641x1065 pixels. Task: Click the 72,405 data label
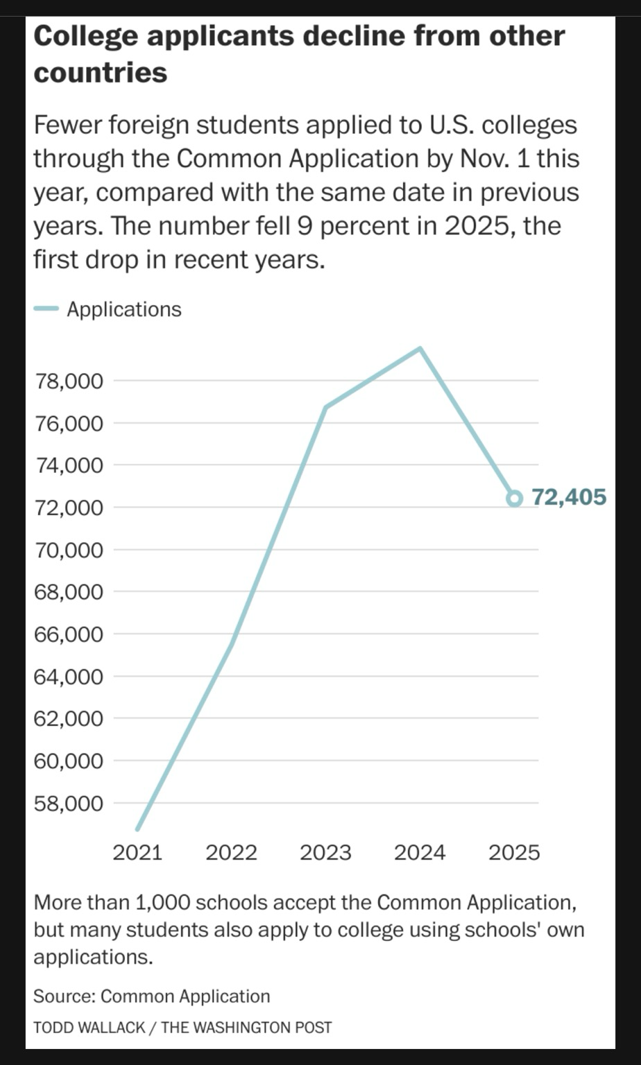pyautogui.click(x=569, y=497)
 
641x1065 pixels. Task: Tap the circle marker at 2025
pyautogui.click(x=514, y=498)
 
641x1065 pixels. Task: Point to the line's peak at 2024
pyautogui.click(x=420, y=348)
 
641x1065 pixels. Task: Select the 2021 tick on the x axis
pyautogui.click(x=137, y=852)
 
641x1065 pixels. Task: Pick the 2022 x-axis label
pyautogui.click(x=231, y=852)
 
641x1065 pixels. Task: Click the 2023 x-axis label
pyautogui.click(x=325, y=852)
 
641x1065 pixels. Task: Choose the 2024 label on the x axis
pyautogui.click(x=420, y=852)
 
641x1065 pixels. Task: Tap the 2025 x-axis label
pyautogui.click(x=514, y=852)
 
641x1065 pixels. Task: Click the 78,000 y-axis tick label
pyautogui.click(x=69, y=381)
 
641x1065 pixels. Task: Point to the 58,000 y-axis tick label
pyautogui.click(x=69, y=804)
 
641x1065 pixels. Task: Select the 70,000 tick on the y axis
pyautogui.click(x=69, y=550)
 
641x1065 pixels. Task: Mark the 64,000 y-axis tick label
pyautogui.click(x=69, y=677)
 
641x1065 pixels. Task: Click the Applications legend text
pyautogui.click(x=124, y=309)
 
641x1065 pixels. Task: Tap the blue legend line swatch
pyautogui.click(x=46, y=309)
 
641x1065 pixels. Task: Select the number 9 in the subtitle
pyautogui.click(x=303, y=226)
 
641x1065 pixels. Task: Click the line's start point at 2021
pyautogui.click(x=138, y=828)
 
